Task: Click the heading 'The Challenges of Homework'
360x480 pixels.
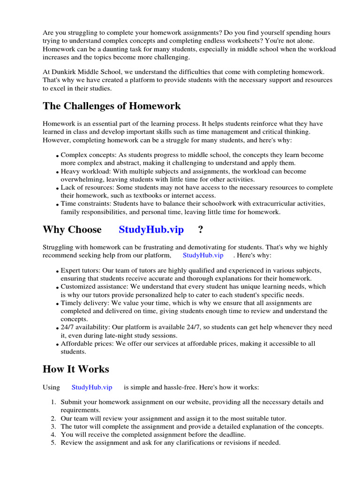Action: click(x=112, y=106)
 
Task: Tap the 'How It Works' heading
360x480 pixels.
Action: click(x=75, y=369)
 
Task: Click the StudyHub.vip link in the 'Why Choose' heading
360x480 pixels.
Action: click(x=151, y=230)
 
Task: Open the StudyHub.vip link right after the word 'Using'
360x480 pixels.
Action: click(x=92, y=388)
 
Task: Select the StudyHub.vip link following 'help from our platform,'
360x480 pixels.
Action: click(x=203, y=255)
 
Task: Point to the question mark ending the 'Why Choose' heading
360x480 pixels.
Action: click(x=201, y=230)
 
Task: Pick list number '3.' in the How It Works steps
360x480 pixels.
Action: click(x=53, y=427)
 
